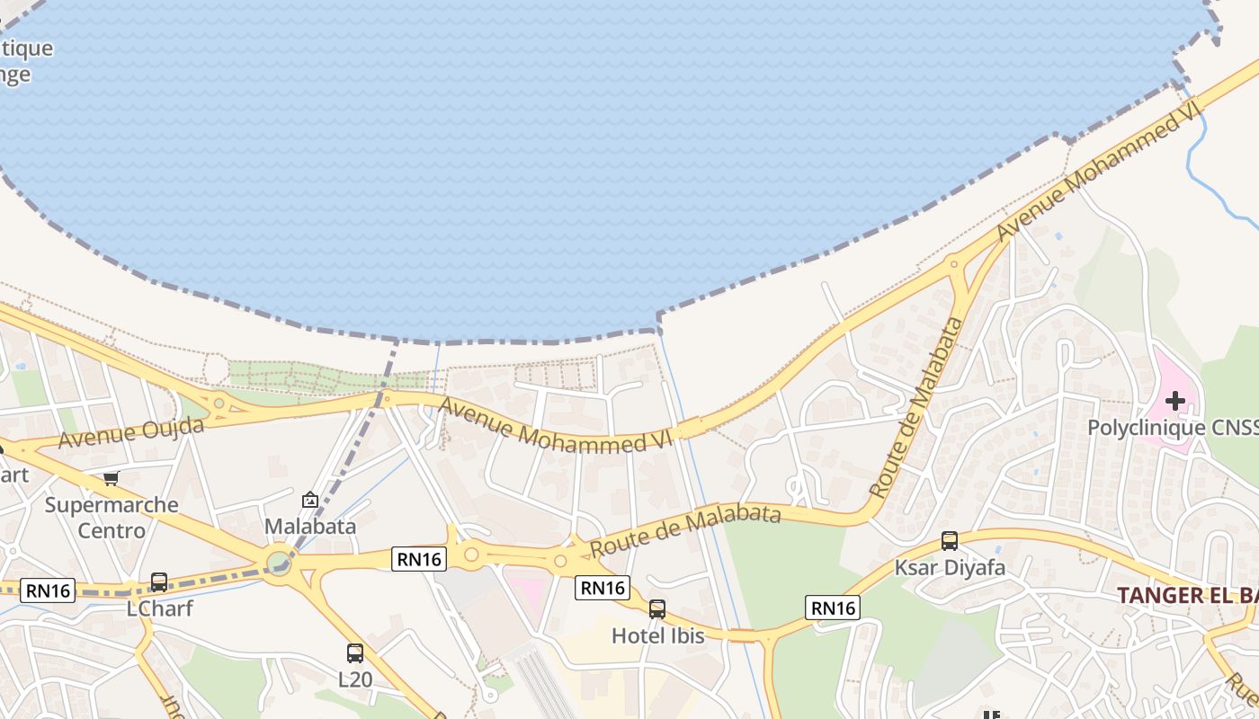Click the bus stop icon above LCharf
[159, 582]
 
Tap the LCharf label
[159, 608]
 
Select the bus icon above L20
[355, 653]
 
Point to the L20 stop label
[355, 679]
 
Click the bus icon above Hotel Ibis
[657, 609]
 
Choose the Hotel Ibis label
[657, 635]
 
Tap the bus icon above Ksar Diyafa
[950, 541]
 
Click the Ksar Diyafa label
[950, 568]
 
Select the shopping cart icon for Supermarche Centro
[112, 478]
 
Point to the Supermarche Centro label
[112, 518]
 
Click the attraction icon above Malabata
[310, 500]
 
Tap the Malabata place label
[310, 527]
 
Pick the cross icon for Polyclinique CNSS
[1175, 401]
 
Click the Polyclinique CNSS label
[1172, 428]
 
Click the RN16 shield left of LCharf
[48, 590]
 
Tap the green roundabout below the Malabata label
[279, 564]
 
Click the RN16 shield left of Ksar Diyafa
[833, 608]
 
